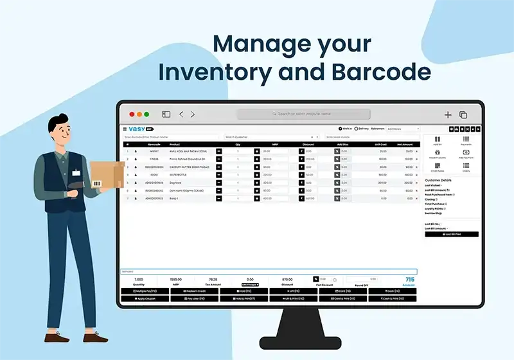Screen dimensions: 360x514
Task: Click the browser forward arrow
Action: pos(193,114)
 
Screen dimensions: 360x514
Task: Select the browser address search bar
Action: pos(302,114)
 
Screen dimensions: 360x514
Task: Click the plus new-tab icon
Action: pos(448,114)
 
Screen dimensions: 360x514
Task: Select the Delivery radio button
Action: pos(357,129)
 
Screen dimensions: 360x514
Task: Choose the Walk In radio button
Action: pos(341,129)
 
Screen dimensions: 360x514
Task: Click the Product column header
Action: pos(175,144)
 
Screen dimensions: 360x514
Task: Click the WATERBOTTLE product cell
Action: pos(180,175)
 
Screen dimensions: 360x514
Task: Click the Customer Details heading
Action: pos(438,180)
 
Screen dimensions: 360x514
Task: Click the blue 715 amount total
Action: pos(409,280)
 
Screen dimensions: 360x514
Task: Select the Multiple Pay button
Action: pos(145,291)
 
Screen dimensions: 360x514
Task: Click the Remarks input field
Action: pos(269,272)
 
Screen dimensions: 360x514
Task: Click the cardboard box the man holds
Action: pos(106,174)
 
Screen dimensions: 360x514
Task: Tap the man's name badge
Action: pos(76,172)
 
